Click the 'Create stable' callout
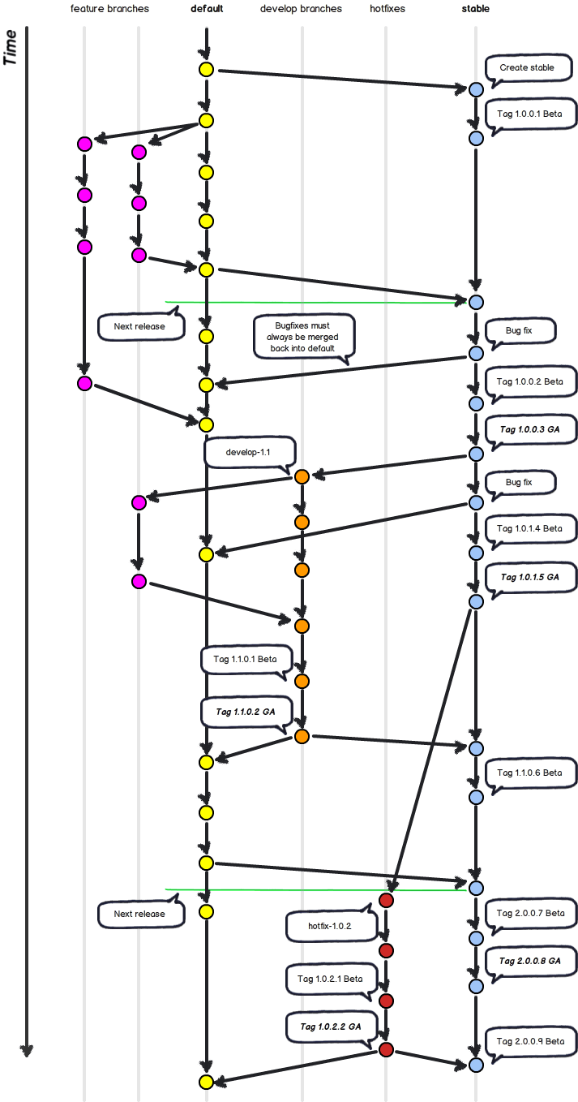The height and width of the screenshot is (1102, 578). click(526, 68)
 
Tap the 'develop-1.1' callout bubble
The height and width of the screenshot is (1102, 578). click(250, 452)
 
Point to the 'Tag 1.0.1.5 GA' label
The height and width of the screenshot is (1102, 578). click(529, 577)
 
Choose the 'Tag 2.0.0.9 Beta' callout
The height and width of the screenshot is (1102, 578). click(529, 1041)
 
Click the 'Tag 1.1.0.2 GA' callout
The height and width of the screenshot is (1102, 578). click(245, 712)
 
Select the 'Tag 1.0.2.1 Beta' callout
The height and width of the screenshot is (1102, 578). click(329, 979)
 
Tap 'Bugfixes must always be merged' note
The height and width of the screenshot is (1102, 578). click(303, 336)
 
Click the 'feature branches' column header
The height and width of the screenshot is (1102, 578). click(109, 9)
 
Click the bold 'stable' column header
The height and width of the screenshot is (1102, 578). click(475, 9)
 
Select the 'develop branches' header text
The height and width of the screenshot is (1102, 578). click(301, 9)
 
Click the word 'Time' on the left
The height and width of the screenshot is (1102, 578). click(11, 49)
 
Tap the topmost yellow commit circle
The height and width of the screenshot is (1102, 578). click(206, 69)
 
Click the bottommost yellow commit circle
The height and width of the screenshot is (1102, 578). click(206, 1082)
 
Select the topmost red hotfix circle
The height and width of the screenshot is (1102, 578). click(386, 901)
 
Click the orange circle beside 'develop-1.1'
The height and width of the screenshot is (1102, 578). click(302, 476)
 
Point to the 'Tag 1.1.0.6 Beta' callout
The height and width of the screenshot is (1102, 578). click(529, 773)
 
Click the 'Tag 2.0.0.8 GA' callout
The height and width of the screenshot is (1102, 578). click(529, 961)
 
